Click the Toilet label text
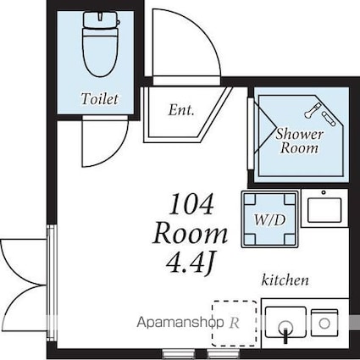(99, 99)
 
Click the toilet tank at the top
(101, 19)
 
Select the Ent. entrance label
(181, 110)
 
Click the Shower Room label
(299, 141)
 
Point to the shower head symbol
(312, 110)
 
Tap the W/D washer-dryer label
(269, 220)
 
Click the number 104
(191, 204)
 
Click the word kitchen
(285, 280)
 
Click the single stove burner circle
(324, 324)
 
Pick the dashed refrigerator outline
(235, 324)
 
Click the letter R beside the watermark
(234, 323)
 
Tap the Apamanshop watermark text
(180, 323)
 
